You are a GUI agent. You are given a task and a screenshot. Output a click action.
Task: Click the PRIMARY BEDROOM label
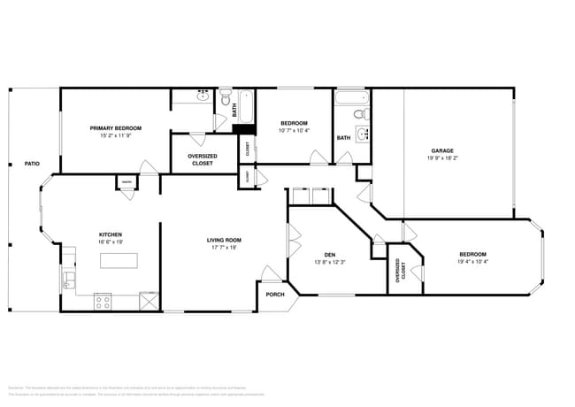[x=115, y=128]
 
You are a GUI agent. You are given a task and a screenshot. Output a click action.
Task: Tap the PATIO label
[x=32, y=164]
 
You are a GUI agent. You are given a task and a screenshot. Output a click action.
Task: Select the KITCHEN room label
[x=111, y=234]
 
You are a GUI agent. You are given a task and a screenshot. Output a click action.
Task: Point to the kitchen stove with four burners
[x=103, y=300]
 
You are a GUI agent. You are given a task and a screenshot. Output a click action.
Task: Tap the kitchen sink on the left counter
[x=67, y=281]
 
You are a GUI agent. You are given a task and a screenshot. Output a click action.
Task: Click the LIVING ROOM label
[x=225, y=240]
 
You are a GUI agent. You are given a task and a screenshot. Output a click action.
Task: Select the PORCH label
[x=275, y=295]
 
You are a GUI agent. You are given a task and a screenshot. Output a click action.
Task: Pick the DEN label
[x=328, y=255]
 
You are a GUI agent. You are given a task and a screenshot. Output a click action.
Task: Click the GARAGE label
[x=442, y=150]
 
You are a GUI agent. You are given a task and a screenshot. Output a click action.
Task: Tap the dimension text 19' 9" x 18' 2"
[x=442, y=158]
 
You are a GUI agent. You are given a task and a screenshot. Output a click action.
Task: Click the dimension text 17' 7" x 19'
[x=225, y=248]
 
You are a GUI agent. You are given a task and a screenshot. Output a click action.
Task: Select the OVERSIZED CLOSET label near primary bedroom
[x=203, y=160]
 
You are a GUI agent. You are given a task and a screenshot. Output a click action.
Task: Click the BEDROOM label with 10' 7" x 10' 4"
[x=294, y=122]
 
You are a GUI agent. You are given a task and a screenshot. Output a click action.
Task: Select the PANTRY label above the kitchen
[x=126, y=183]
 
